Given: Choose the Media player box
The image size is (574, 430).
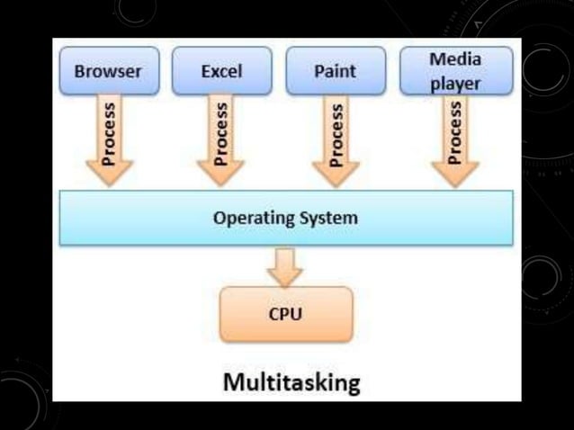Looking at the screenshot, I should coord(454,70).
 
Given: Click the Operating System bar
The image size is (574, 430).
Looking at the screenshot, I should coord(286,218).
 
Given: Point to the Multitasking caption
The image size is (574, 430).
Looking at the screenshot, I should coord(291,382).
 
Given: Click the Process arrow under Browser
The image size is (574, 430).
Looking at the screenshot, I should coord(109,139).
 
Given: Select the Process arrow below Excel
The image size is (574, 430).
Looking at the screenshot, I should coord(221,139).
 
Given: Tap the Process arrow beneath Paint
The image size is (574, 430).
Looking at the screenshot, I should coord(335,139).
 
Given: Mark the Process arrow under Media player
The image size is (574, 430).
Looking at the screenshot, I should coord(454,139).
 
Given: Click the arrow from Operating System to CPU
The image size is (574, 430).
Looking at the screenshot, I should coord(286,265).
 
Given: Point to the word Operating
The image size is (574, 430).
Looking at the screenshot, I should coord(251,218).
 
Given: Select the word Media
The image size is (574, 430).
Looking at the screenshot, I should coord(454,59).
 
